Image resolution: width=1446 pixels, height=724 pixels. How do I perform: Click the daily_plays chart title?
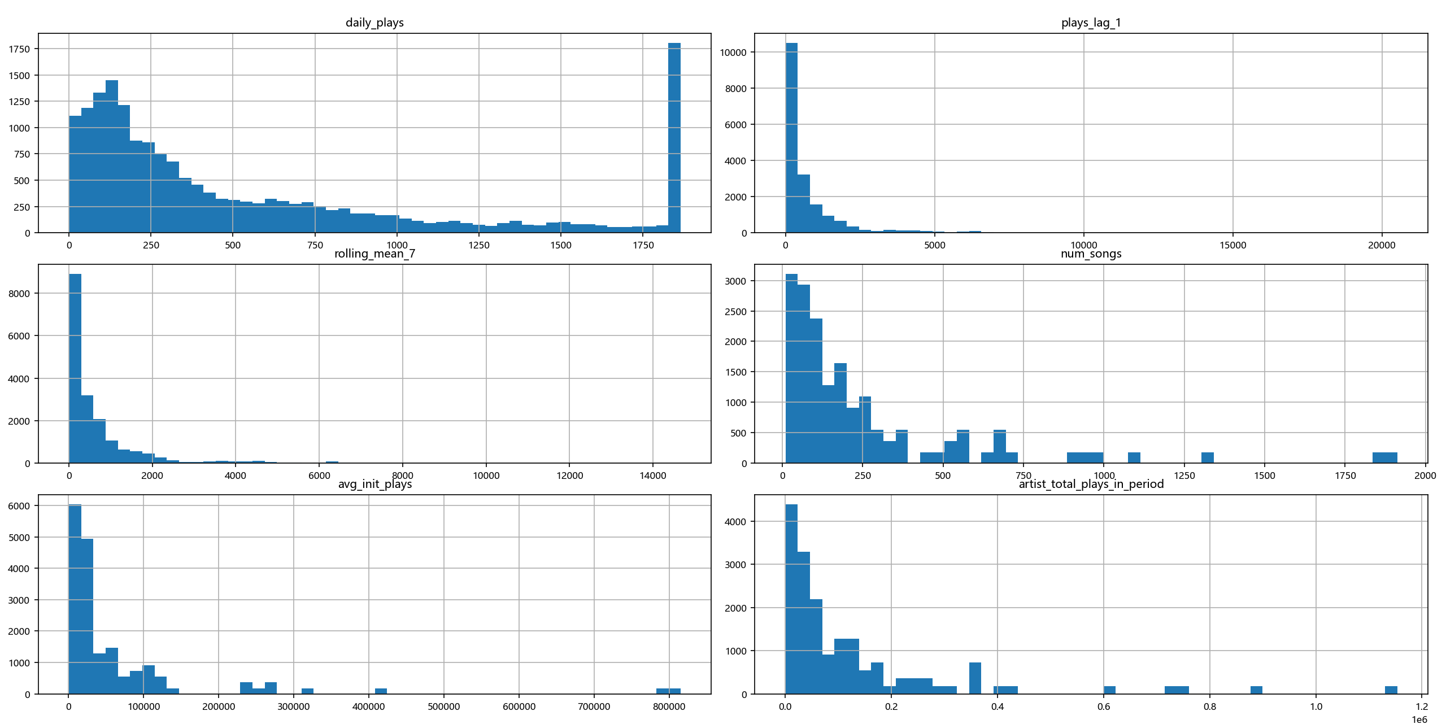coord(374,23)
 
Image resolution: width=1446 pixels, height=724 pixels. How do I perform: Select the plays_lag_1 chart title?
coord(1091,23)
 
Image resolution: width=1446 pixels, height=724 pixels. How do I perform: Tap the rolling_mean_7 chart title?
coord(374,254)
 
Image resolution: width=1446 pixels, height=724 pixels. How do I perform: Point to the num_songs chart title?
coord(1091,254)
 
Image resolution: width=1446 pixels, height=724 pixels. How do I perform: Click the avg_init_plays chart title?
coord(374,484)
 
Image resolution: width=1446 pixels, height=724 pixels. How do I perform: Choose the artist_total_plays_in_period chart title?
coord(1091,484)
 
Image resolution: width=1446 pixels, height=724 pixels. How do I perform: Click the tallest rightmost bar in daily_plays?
coord(674,138)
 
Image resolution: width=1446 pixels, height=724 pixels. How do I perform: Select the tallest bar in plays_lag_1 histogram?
coord(791,138)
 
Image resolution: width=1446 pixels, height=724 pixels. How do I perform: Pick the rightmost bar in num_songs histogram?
coord(1384,458)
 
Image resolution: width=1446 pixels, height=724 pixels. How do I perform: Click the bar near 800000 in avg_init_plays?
coord(668,691)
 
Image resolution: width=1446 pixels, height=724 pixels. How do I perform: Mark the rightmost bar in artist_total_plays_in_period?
coord(1391,690)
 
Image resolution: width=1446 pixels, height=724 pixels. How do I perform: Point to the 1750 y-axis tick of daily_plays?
coord(19,49)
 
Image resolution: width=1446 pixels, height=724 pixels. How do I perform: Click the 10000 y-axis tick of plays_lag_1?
coord(733,53)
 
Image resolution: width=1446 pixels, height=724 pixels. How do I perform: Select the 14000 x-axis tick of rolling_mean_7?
coord(652,476)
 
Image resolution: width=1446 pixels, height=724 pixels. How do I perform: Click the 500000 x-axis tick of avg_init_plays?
coord(444,706)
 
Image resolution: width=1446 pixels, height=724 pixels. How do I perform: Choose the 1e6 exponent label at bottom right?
coord(1419,719)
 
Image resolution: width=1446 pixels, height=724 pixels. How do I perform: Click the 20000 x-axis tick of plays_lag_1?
coord(1382,245)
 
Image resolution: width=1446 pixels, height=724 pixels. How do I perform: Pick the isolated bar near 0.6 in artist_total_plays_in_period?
coord(1109,690)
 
